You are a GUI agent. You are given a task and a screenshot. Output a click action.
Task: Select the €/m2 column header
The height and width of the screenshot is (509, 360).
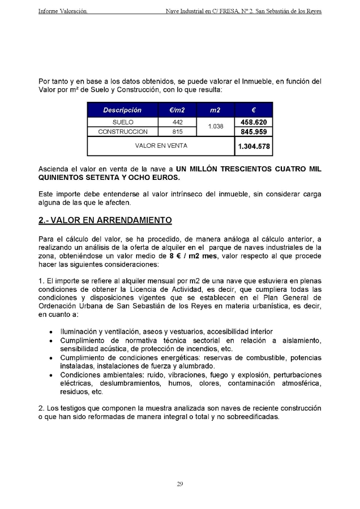(177, 110)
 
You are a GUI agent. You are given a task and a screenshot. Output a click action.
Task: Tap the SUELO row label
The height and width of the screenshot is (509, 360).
(123, 122)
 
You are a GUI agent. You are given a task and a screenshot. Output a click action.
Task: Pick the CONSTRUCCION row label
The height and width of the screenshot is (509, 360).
(123, 132)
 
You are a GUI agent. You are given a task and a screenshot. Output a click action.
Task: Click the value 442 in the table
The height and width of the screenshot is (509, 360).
(177, 122)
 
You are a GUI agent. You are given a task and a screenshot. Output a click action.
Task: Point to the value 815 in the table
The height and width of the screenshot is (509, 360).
(177, 132)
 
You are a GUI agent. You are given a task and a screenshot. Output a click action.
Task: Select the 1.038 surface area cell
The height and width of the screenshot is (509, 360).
(215, 127)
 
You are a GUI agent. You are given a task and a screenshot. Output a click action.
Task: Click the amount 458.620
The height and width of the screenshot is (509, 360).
(254, 122)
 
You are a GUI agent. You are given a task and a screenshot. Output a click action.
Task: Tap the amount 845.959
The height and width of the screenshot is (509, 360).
(254, 132)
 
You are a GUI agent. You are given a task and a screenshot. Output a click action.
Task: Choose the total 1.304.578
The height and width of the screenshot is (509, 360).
(254, 146)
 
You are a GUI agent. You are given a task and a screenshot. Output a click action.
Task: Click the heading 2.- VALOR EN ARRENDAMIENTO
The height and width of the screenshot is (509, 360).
(105, 219)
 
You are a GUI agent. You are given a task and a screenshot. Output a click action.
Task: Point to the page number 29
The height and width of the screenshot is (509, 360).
(179, 484)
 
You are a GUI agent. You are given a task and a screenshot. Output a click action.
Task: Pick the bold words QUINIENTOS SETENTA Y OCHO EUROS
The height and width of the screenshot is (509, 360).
(109, 178)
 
